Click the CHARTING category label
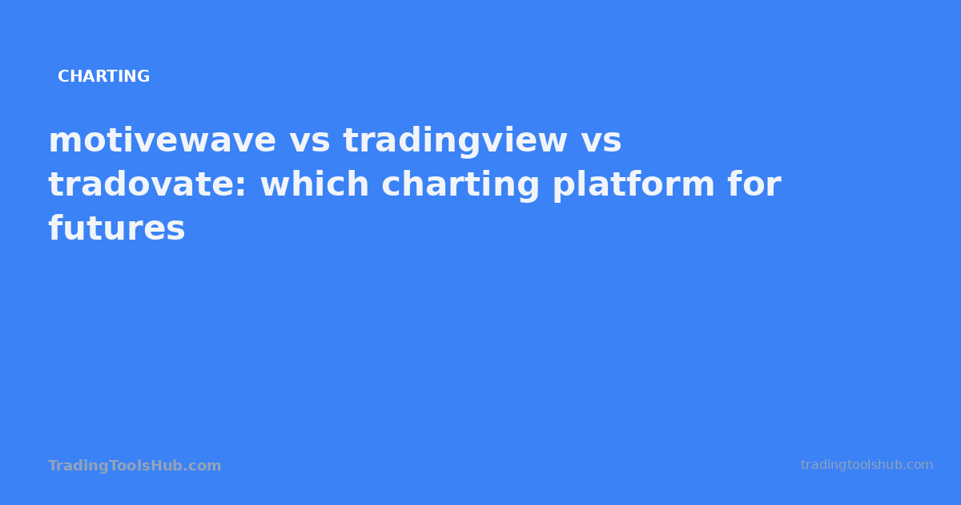[103, 77]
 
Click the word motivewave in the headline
[162, 141]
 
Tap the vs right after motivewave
[309, 141]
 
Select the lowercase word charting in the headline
[460, 185]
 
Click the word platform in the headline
[633, 185]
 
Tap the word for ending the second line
[754, 185]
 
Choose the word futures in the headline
[117, 229]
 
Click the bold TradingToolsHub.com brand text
[135, 466]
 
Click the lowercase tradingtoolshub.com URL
[867, 465]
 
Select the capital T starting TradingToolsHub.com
[53, 466]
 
